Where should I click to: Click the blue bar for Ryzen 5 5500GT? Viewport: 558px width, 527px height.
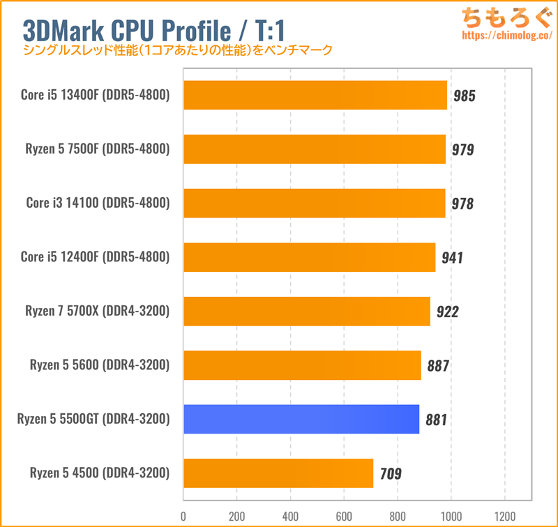click(301, 420)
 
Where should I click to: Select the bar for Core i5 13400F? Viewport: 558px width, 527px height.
click(315, 95)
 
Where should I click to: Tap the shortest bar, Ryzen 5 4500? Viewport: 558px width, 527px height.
click(278, 473)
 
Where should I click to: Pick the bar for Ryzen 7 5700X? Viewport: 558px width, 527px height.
click(307, 311)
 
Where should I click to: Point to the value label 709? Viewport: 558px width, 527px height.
click(391, 474)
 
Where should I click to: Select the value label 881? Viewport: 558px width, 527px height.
click(437, 420)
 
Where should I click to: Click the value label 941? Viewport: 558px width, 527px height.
click(452, 258)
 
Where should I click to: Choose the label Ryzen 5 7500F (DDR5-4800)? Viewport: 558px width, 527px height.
click(98, 149)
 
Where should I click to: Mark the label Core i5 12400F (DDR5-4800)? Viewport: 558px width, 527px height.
click(96, 257)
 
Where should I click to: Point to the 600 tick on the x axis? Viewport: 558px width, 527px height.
click(344, 516)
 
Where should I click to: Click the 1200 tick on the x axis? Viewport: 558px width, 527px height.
click(504, 516)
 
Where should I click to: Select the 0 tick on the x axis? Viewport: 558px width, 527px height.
click(183, 516)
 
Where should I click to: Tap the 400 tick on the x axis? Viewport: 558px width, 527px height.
click(290, 516)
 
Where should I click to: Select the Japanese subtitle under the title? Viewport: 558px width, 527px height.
click(178, 51)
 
